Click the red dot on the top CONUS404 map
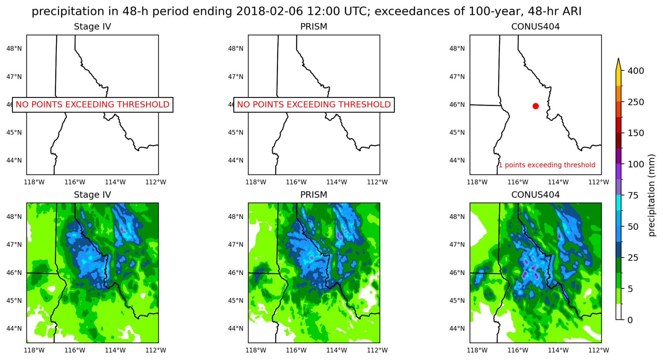pos(536,106)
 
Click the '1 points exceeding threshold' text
pos(547,165)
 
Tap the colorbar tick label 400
pos(636,71)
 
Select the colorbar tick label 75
pos(636,195)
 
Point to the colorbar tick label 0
pos(630,320)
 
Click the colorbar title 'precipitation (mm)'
pos(651,195)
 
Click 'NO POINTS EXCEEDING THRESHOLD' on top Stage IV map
pos(93,105)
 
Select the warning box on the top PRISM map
pos(314,105)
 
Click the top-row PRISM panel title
pos(314,27)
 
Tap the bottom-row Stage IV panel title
pos(92,195)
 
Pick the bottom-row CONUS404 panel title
pos(535,195)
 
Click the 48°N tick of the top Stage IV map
pos(14,48)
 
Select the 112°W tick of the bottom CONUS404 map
pos(599,350)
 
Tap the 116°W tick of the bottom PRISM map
pos(296,350)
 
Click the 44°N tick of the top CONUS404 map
pos(457,160)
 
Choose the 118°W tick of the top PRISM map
pos(256,182)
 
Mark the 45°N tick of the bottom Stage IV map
pos(14,300)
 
